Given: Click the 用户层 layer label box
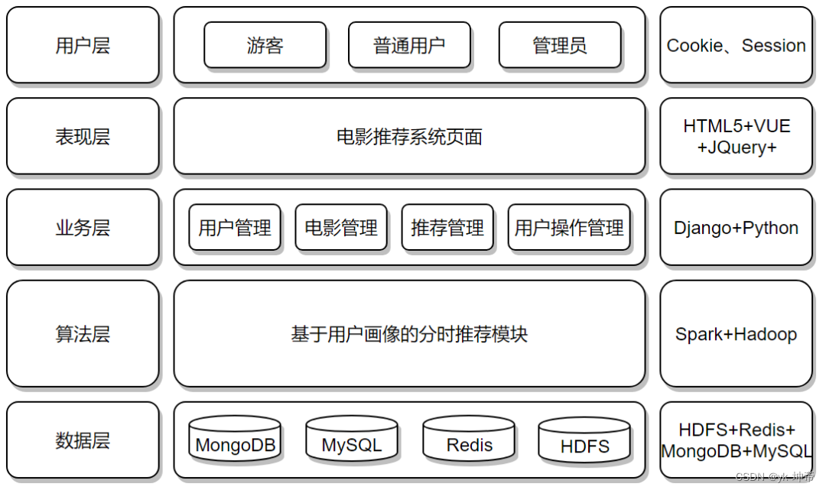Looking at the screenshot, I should [x=83, y=45].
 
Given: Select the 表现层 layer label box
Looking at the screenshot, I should [x=83, y=136].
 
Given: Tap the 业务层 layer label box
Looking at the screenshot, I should [x=83, y=227].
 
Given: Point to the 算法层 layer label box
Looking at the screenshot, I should [x=83, y=333].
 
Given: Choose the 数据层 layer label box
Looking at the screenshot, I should [x=83, y=440].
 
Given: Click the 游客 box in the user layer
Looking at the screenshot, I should [x=265, y=45].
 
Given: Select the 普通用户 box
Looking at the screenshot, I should [x=408, y=45].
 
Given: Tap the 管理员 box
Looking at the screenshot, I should [x=559, y=45].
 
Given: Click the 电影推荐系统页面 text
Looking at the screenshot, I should [x=409, y=137].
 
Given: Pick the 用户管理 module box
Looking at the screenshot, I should [x=235, y=227].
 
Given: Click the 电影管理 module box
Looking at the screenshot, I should [x=341, y=227].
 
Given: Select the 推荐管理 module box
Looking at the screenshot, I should [x=447, y=227].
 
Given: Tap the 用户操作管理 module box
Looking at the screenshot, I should [x=569, y=227].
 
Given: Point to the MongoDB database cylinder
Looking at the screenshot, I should [x=235, y=441].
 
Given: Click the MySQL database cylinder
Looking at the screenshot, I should [x=351, y=441].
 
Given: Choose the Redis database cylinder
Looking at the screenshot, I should [x=469, y=441].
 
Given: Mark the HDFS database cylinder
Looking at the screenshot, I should [x=584, y=442].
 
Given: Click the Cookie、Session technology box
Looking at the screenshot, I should [x=736, y=45].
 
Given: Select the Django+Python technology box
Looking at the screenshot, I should [x=736, y=227].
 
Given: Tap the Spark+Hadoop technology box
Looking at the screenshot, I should [x=736, y=333].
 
